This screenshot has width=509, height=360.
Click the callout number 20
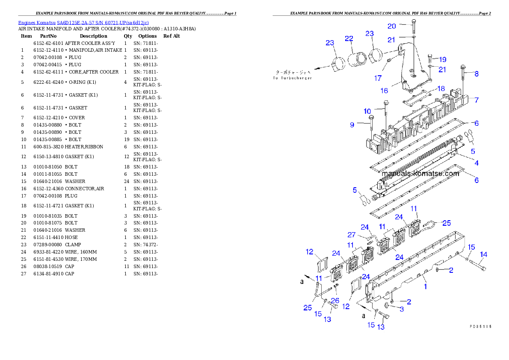tap(392, 26)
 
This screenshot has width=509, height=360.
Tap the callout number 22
tap(349, 38)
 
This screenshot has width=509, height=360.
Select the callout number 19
tap(442, 59)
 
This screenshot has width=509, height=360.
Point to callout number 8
tap(476, 74)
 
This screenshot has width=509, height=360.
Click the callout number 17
tap(378, 78)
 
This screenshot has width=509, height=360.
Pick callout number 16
tap(384, 91)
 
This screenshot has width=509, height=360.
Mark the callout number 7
tap(476, 100)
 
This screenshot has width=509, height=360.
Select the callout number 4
tap(476, 163)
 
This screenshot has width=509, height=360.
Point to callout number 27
tap(351, 235)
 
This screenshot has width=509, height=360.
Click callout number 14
tap(483, 254)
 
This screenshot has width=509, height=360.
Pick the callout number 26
tap(335, 301)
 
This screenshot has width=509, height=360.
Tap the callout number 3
tap(402, 309)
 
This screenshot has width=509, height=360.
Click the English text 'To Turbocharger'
tap(293, 78)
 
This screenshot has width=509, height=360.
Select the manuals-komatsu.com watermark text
tap(420, 174)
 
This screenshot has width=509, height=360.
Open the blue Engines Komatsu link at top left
tap(83, 23)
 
